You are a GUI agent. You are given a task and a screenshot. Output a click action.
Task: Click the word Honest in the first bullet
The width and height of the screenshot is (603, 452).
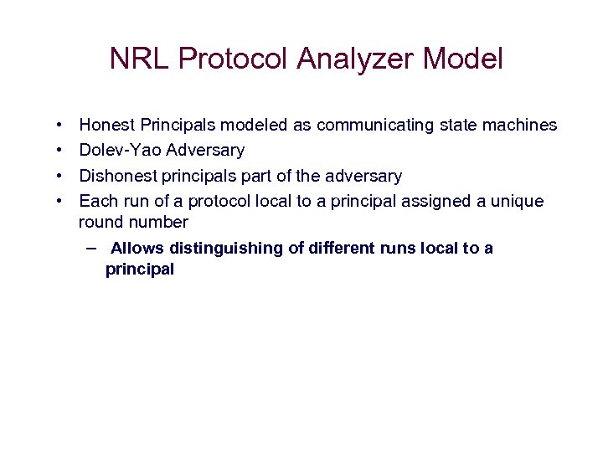click(x=107, y=126)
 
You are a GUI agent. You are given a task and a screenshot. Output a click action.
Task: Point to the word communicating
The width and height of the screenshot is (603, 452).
click(x=363, y=126)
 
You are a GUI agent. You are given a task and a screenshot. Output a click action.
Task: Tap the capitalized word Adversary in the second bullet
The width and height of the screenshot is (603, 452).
click(x=205, y=151)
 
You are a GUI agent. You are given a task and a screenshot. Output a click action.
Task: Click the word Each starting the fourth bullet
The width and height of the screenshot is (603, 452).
click(x=96, y=202)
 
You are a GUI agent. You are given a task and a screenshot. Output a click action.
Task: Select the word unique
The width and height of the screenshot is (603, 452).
click(x=519, y=202)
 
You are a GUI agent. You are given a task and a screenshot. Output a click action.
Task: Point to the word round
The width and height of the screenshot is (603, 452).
click(x=100, y=223)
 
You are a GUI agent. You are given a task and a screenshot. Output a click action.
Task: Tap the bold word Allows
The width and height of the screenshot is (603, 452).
click(x=137, y=249)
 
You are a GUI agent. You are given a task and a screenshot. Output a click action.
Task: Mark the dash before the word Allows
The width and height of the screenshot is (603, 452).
click(x=90, y=248)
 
